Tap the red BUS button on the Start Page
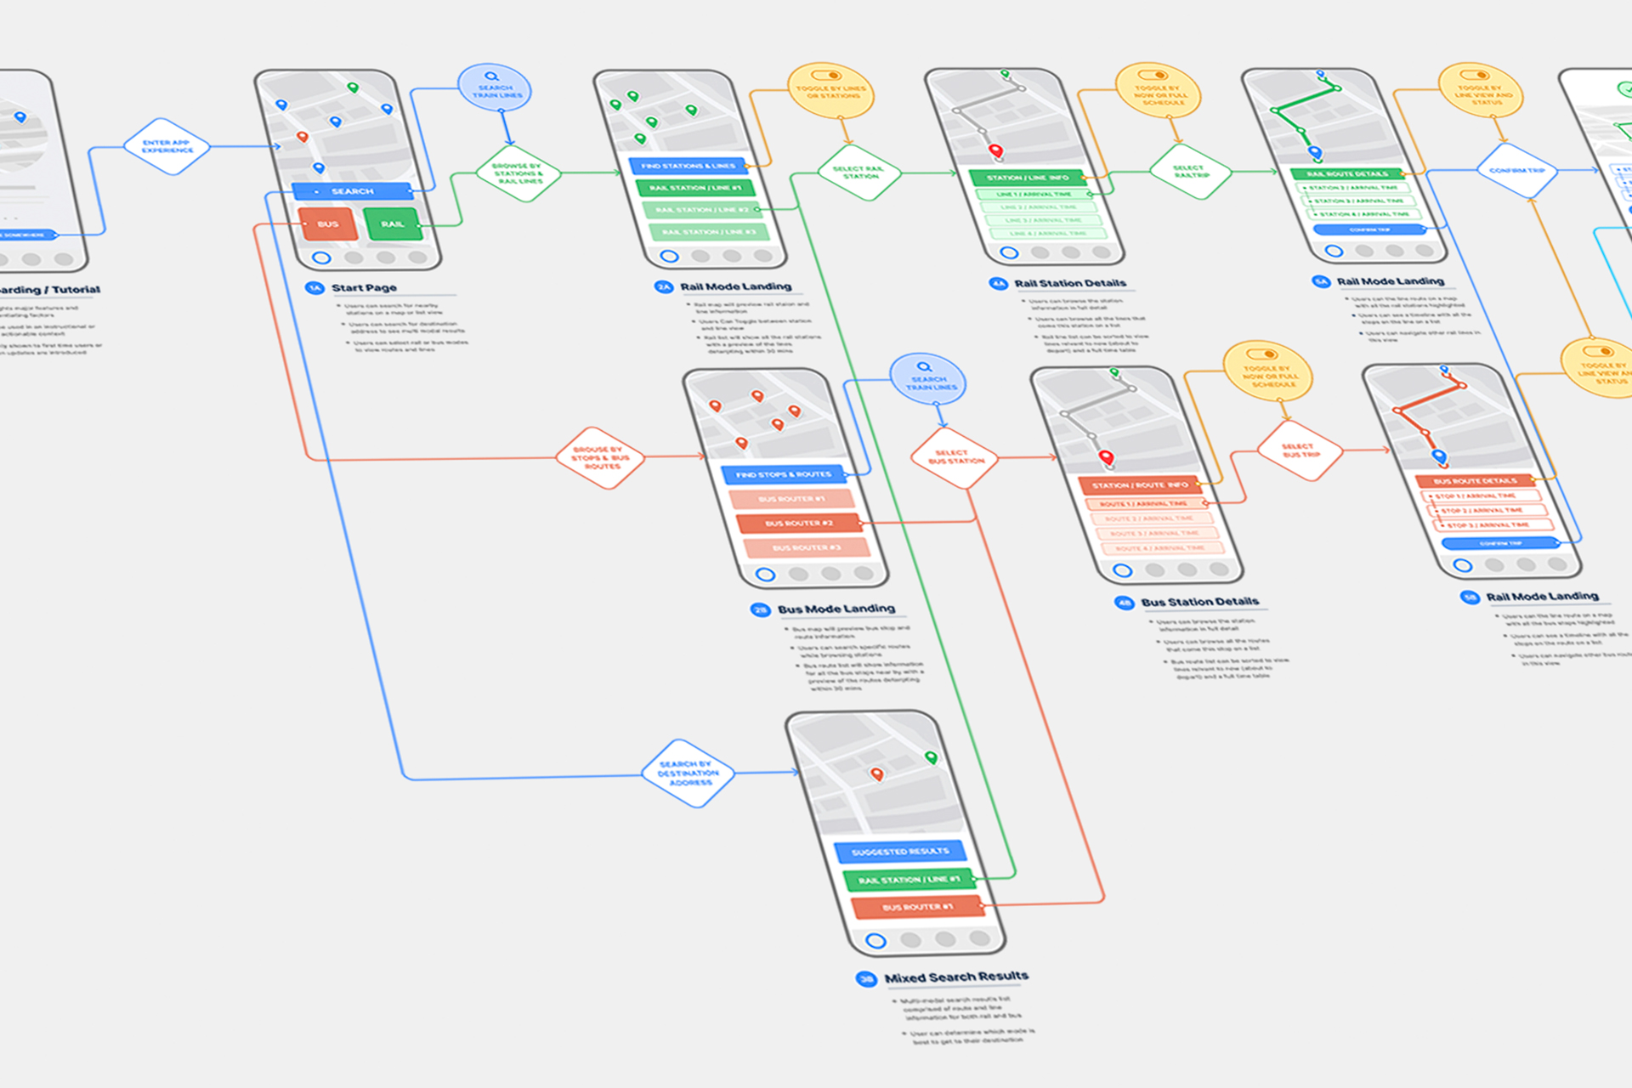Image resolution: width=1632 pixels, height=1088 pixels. [328, 224]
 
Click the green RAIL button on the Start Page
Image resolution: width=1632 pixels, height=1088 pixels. [392, 224]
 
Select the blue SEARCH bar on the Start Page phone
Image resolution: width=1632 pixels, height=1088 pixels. [352, 191]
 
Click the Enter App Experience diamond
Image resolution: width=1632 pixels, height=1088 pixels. [167, 146]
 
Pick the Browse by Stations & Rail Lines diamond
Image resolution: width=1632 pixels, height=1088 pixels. [518, 173]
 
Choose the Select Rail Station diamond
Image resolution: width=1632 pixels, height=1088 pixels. [859, 172]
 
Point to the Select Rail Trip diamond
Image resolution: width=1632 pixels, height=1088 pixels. [1190, 171]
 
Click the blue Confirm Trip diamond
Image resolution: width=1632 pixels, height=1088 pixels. [1516, 171]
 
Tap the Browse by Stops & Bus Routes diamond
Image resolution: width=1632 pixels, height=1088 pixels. [600, 458]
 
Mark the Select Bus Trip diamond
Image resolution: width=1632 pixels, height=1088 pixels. [1299, 450]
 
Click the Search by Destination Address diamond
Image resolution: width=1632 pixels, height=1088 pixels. [688, 773]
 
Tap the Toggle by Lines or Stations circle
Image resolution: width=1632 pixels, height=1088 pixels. [830, 91]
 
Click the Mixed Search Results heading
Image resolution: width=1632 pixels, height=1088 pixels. [956, 977]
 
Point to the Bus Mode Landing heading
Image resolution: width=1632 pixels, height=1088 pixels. [836, 609]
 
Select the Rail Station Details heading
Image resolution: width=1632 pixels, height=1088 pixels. [1069, 283]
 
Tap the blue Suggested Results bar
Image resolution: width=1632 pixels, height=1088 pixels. [900, 852]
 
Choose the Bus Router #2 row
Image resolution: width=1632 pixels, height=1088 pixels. [798, 524]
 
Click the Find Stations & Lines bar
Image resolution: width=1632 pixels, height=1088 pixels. [688, 166]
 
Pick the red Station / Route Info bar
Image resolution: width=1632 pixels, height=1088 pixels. [1139, 485]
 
